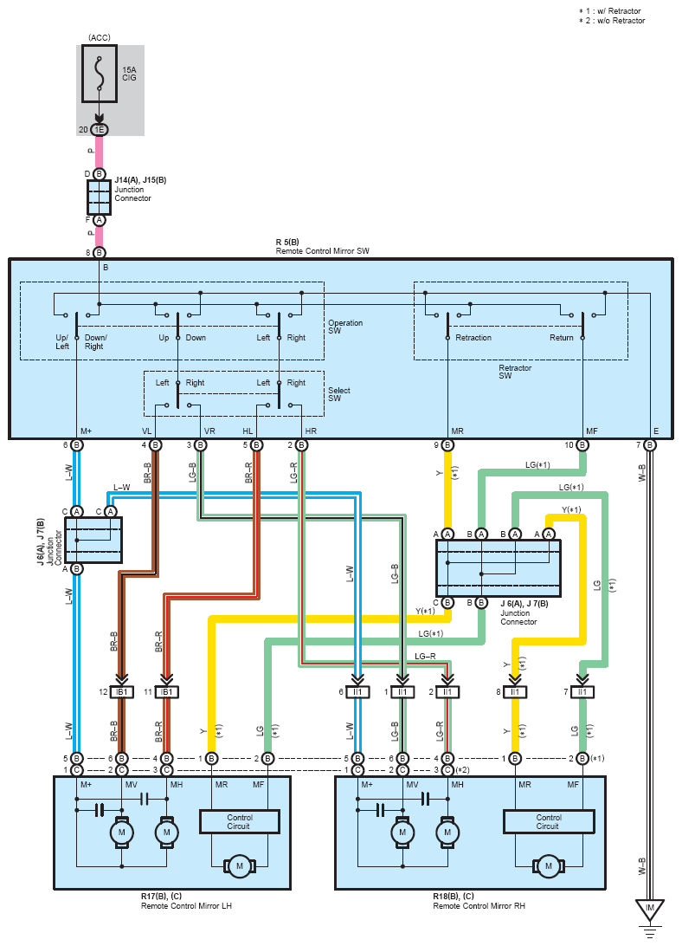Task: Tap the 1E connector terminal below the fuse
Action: (100, 130)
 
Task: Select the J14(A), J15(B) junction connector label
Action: (140, 189)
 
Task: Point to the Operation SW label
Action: (345, 327)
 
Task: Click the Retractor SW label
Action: (515, 372)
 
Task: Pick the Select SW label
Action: (339, 394)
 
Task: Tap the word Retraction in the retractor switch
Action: (473, 338)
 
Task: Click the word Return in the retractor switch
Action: (562, 338)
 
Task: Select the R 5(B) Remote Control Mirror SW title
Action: (323, 247)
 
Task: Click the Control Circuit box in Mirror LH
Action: (240, 822)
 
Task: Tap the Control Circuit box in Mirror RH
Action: (549, 822)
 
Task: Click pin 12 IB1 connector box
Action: (122, 692)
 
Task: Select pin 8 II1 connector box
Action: (515, 692)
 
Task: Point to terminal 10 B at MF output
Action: (582, 445)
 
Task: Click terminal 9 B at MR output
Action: (447, 445)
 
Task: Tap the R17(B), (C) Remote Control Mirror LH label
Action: (186, 901)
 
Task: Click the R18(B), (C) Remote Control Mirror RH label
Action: (479, 901)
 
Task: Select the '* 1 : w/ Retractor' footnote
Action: (609, 11)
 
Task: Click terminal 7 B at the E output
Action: (649, 445)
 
